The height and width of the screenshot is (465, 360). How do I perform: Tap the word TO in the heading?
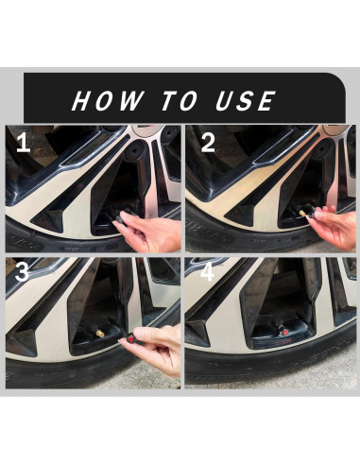pos(180,101)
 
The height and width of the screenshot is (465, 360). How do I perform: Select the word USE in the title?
pos(246,101)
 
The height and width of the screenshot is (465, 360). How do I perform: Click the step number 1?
pos(24,143)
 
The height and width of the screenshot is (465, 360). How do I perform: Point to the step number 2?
pos(208,143)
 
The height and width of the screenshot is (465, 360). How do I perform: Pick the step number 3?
pos(22,272)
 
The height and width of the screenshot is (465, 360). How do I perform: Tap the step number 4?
pos(207,272)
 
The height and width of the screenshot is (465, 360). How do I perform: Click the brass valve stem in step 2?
pos(302,214)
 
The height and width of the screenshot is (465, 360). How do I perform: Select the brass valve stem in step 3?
pos(100,334)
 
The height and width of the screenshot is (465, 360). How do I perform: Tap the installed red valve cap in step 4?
pos(283,332)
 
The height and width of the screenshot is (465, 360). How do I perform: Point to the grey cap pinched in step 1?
pos(119,217)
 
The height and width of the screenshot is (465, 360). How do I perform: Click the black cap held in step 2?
pos(312,215)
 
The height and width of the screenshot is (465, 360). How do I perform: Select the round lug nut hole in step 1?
pos(135,149)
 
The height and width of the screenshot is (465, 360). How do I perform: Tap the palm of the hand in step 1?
pos(158,234)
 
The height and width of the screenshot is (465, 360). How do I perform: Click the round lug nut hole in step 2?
pos(321,148)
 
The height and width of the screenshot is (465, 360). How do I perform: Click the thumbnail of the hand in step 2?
pos(318,215)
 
